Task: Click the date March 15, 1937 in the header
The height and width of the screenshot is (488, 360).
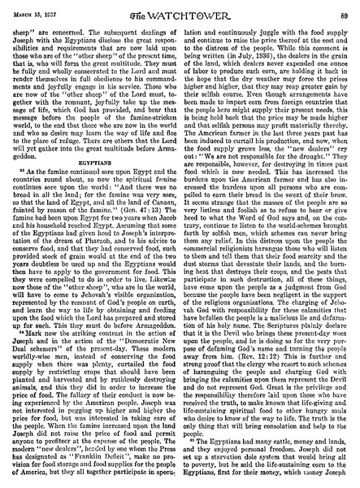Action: point(39,7)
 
